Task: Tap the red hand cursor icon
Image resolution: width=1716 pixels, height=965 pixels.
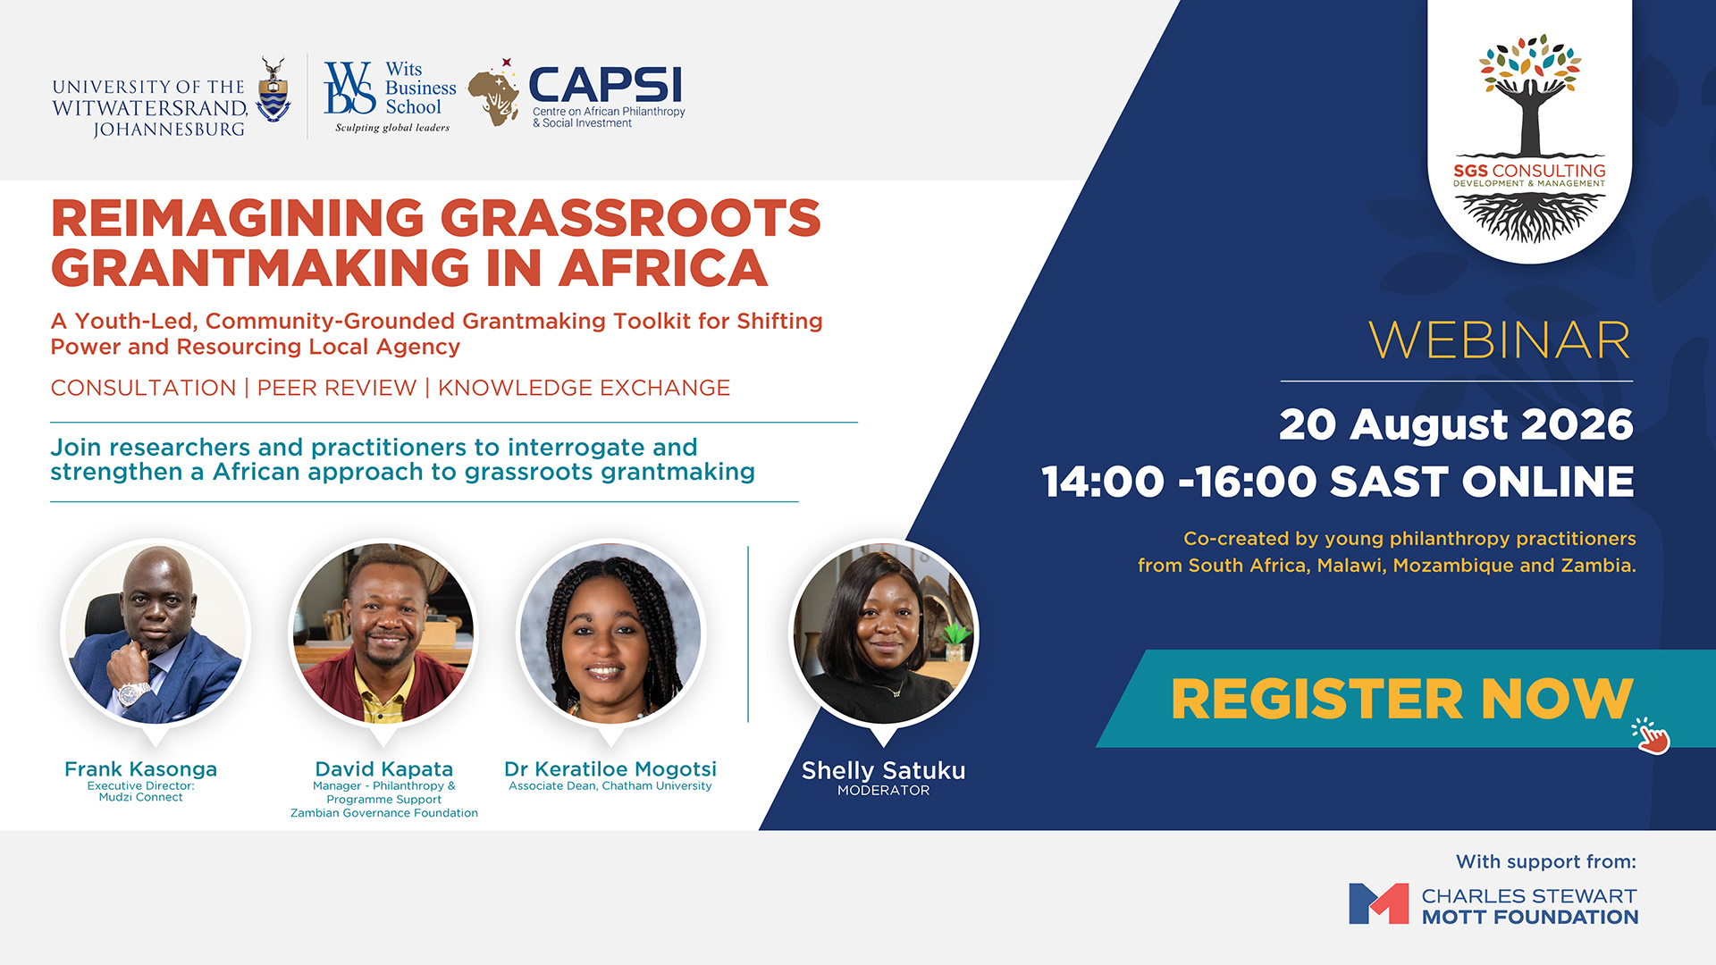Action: point(1651,736)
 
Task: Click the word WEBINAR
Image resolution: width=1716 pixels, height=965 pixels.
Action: point(1500,340)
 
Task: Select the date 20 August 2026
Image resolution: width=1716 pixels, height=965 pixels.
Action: point(1456,424)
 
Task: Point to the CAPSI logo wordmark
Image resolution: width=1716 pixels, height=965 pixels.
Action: point(605,86)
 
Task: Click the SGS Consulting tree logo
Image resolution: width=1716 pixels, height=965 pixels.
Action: point(1529,138)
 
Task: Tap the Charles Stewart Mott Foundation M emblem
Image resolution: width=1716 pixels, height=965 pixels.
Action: point(1378,903)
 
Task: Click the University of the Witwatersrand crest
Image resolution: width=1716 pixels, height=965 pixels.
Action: point(273,90)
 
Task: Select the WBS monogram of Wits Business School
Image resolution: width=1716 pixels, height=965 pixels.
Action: point(349,88)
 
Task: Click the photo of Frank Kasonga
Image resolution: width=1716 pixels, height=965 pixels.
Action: point(156,634)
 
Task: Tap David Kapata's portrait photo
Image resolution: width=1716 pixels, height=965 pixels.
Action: point(383,634)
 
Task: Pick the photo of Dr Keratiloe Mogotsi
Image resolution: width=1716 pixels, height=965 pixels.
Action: point(611,634)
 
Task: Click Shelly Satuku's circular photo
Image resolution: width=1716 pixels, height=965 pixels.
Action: point(884,634)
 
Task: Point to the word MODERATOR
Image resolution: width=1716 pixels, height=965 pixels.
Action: point(883,791)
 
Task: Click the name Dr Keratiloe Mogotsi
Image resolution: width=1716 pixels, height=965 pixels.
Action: point(610,769)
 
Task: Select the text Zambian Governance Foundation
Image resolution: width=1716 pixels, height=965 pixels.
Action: point(384,813)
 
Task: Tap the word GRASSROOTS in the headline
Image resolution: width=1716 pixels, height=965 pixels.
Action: point(630,218)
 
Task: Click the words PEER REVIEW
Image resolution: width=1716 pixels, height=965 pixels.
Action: point(337,388)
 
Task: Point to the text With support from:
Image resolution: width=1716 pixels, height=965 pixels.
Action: point(1546,862)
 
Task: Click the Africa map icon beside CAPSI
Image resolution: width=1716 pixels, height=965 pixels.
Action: point(494,94)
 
